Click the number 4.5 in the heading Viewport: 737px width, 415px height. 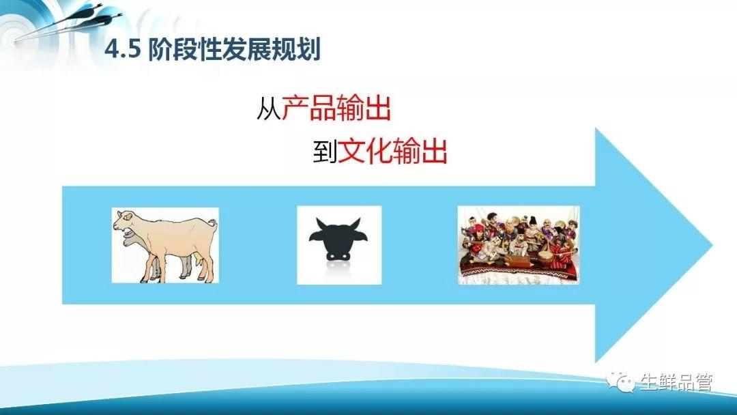click(x=123, y=50)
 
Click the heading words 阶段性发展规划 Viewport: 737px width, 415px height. click(x=234, y=49)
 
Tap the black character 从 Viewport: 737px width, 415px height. click(x=268, y=109)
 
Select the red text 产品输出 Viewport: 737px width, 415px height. click(x=336, y=108)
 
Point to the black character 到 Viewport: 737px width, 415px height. click(x=325, y=151)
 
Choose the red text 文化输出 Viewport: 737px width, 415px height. click(x=392, y=150)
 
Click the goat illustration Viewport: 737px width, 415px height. click(x=165, y=245)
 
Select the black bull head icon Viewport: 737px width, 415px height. click(x=338, y=239)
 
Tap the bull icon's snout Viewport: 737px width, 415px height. click(x=338, y=255)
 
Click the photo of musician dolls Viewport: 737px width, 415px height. click(x=519, y=245)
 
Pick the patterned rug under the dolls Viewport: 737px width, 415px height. click(x=519, y=271)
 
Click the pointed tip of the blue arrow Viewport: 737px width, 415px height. click(x=712, y=245)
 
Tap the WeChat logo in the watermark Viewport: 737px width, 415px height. click(x=620, y=381)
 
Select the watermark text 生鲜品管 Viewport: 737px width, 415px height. click(x=676, y=382)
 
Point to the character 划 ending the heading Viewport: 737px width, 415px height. click(x=308, y=49)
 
